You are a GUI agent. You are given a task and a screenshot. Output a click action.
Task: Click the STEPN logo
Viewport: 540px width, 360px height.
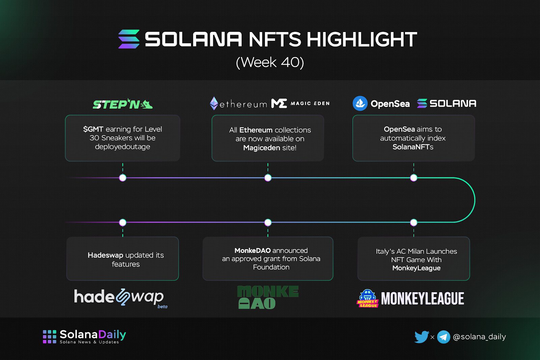123,104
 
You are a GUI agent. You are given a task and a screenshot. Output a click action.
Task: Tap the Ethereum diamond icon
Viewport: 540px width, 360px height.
214,103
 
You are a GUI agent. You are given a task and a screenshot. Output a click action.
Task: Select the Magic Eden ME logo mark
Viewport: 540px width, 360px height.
279,103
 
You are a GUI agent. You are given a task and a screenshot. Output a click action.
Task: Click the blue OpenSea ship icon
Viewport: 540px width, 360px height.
360,103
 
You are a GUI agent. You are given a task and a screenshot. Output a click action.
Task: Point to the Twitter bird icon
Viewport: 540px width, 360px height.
422,337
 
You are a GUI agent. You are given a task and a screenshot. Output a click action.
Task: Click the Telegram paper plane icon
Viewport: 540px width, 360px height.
443,337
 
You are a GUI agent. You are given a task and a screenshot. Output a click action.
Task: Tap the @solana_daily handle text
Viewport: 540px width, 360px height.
479,337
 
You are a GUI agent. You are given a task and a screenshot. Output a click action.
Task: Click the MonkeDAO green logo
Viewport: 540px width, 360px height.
268,297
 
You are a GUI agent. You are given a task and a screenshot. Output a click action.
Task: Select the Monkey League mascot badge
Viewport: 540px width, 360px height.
368,298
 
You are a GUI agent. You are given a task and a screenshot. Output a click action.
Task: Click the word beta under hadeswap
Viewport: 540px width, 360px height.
162,306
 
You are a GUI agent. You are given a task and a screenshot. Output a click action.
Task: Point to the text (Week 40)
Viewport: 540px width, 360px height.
270,62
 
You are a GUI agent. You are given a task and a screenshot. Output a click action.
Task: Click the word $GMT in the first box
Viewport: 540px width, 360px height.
93,129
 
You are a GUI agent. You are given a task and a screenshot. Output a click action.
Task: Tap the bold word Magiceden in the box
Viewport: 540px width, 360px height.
262,147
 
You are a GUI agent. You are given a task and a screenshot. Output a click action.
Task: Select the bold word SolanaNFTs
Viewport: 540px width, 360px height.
413,147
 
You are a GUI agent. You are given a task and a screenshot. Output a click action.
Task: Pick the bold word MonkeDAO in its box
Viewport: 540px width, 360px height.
252,250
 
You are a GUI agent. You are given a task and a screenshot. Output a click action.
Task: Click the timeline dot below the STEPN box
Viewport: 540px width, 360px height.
123,178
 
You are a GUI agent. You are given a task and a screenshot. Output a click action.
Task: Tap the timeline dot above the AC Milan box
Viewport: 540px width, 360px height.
414,222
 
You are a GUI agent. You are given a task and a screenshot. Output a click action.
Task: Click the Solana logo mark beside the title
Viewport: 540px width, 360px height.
129,39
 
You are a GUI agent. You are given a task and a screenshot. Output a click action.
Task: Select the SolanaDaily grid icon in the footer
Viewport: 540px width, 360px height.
49,337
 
